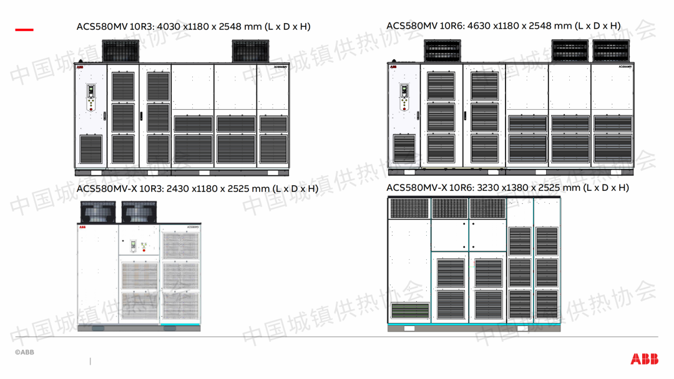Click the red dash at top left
(x=24, y=29)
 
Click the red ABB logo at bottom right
(x=643, y=358)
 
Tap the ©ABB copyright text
(x=24, y=353)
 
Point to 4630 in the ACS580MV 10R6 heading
(x=479, y=26)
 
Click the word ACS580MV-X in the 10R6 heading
(x=415, y=188)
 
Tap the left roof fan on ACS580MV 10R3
(x=122, y=51)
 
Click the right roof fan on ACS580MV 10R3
(x=250, y=51)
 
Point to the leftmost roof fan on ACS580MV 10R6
(x=442, y=51)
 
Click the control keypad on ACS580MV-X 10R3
(x=133, y=246)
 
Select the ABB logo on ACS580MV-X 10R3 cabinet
(x=83, y=229)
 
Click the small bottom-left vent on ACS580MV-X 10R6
(x=409, y=310)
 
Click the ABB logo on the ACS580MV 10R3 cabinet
(x=80, y=66)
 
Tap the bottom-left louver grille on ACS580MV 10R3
(x=91, y=150)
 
